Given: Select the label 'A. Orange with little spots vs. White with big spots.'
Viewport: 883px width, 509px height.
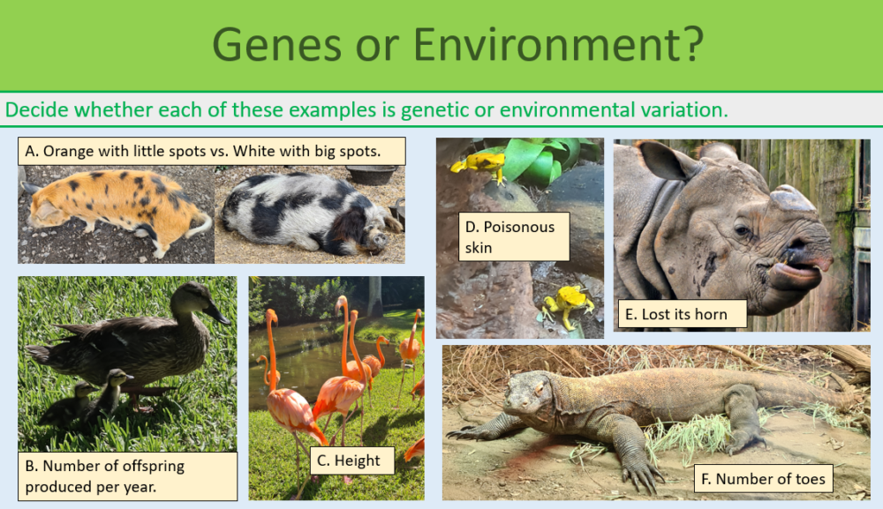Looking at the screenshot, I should click(x=211, y=151).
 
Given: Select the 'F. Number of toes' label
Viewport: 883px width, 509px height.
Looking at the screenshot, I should click(x=764, y=479).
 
